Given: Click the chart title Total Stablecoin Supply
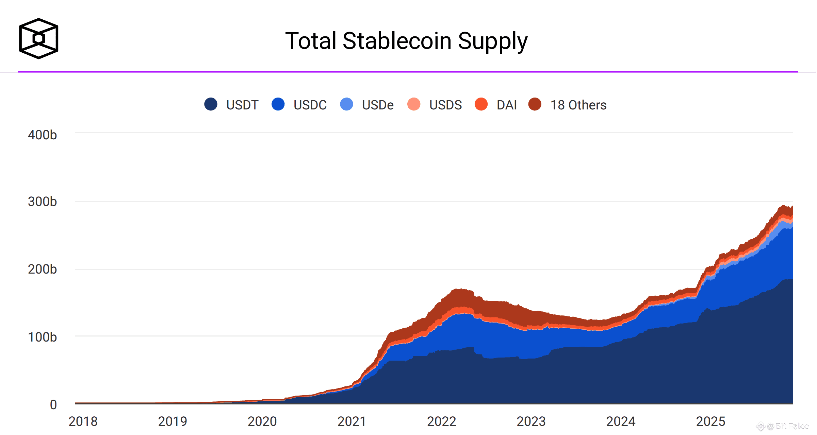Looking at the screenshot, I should click(x=406, y=41).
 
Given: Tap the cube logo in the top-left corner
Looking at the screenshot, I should click(x=39, y=38).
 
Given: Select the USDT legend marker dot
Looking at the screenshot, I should click(x=211, y=104).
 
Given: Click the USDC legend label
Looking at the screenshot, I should click(x=310, y=105).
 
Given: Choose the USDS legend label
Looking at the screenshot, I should click(x=445, y=105).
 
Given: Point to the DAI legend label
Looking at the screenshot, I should click(x=507, y=105).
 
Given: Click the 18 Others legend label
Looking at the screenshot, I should click(x=578, y=105).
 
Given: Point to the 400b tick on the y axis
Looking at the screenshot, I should click(x=42, y=135).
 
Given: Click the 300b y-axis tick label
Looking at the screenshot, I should click(x=42, y=202).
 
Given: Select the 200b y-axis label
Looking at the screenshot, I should click(x=42, y=269).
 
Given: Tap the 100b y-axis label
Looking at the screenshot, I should click(x=42, y=337).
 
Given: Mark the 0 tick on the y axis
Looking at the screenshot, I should click(x=53, y=405).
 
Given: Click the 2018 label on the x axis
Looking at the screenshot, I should click(x=83, y=421).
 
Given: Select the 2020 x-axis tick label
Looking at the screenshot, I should click(x=262, y=421).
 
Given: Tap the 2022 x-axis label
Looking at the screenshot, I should click(x=441, y=421).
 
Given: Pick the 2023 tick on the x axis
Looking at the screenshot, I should click(x=531, y=421).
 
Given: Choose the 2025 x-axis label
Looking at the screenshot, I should click(x=710, y=421).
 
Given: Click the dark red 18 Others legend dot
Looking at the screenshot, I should click(x=535, y=104).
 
